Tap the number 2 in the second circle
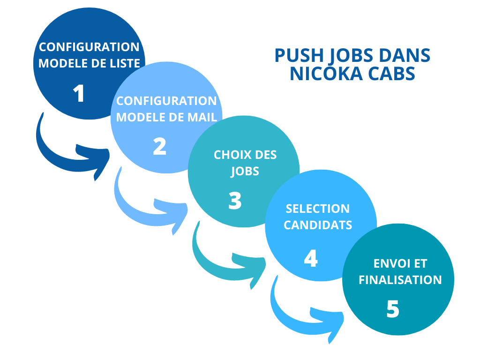[x=159, y=147]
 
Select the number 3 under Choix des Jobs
[x=235, y=201]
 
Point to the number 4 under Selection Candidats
[x=310, y=258]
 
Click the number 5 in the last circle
[x=393, y=309]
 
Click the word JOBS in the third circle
[x=245, y=171]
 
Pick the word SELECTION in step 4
[x=317, y=209]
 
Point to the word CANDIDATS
[x=318, y=225]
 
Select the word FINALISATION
[x=400, y=280]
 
